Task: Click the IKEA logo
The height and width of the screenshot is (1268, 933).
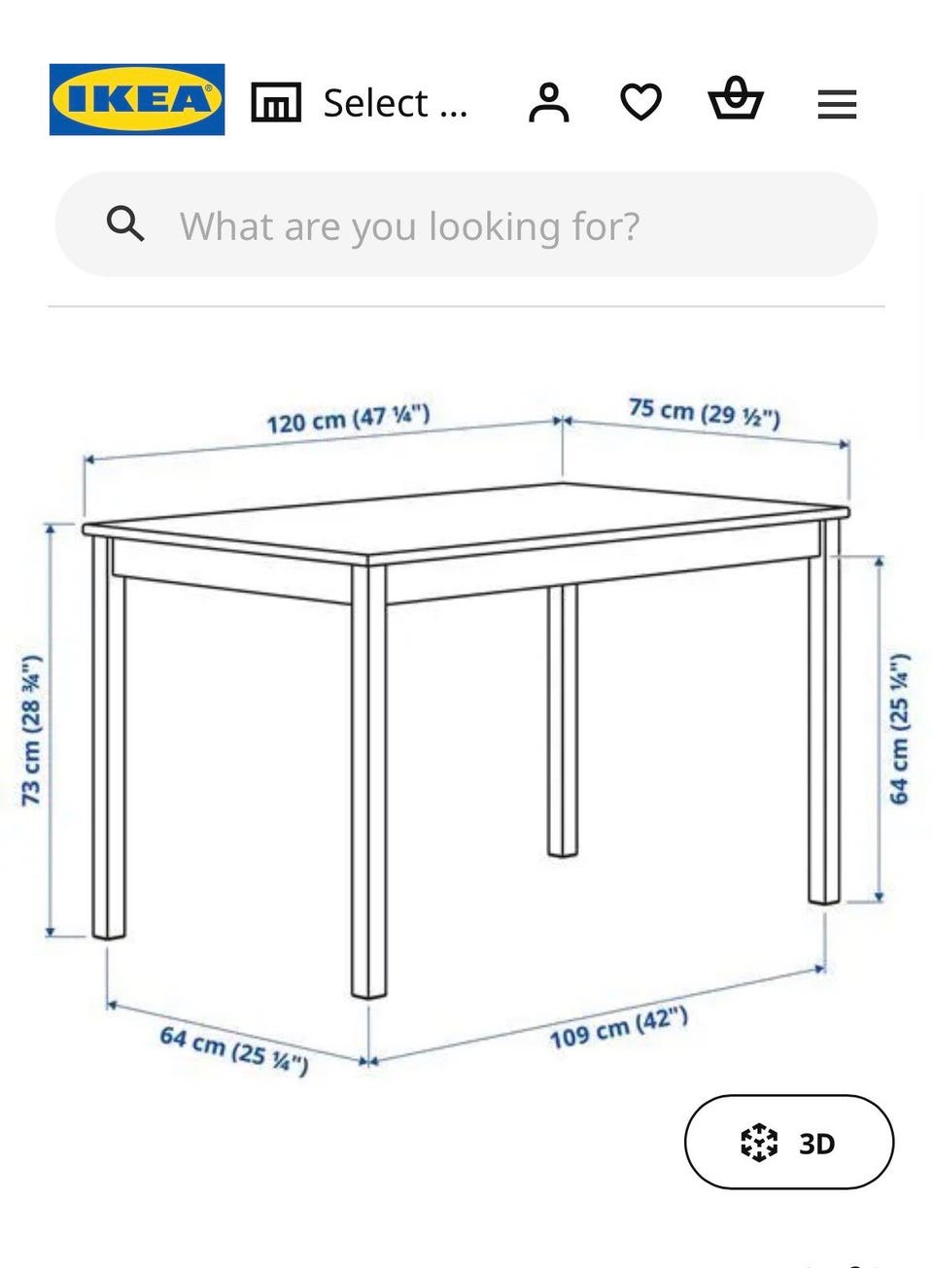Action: point(137,100)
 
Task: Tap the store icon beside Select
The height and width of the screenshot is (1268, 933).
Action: point(276,102)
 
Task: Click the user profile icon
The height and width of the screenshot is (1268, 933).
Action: point(548,102)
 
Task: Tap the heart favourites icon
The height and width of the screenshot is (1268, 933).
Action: point(640,102)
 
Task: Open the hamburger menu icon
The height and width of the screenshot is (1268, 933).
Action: point(837,104)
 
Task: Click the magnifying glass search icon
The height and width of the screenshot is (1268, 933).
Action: point(125,224)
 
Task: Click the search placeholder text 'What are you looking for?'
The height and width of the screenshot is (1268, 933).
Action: point(409,226)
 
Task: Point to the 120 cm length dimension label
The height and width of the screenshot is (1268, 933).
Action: point(349,420)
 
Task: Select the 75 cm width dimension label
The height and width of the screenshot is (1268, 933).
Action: point(705,413)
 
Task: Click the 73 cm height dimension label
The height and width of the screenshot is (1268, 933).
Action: point(31,731)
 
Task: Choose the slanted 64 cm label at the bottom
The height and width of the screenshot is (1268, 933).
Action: point(234,1051)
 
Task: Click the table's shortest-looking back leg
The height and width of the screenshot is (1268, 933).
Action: point(562,721)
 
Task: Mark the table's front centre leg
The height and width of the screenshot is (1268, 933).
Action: point(368,781)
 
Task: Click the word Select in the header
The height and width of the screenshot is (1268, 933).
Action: point(375,103)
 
